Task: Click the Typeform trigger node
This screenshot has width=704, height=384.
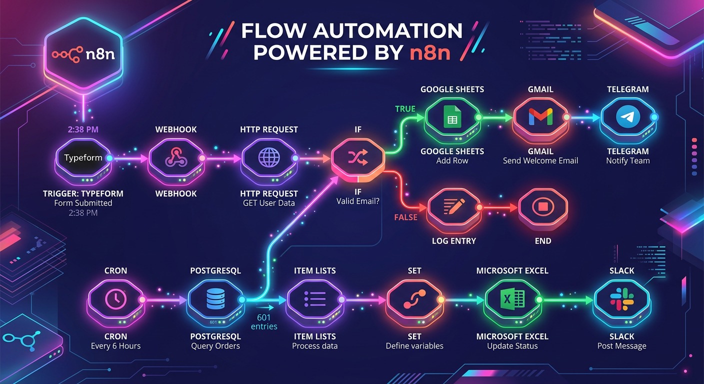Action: (83, 158)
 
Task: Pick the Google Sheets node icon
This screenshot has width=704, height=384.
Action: (451, 118)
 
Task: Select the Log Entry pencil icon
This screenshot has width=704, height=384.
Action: (454, 206)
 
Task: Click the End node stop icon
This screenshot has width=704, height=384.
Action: (542, 206)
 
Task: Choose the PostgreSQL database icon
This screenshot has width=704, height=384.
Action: (215, 299)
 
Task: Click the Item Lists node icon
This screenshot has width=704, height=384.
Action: (315, 299)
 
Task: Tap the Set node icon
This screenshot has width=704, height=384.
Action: (414, 299)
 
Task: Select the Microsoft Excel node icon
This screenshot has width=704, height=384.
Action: (512, 299)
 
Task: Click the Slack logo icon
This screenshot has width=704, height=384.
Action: (621, 299)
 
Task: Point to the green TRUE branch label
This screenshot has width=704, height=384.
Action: (405, 109)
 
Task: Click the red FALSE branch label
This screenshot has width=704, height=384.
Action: (406, 217)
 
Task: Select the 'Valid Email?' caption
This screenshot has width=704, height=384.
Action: (358, 201)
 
